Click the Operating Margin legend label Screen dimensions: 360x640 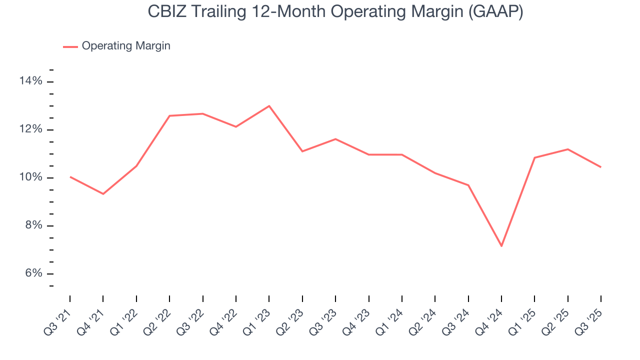tap(126, 46)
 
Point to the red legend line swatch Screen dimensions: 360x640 tap(70, 46)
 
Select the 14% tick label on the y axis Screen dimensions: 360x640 tap(31, 81)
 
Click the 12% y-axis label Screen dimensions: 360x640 tap(31, 129)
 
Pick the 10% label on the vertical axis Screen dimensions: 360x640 tap(31, 177)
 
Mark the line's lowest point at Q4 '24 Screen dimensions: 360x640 tap(501, 246)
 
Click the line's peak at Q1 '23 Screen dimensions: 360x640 tap(269, 106)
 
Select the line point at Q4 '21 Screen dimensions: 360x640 tap(103, 193)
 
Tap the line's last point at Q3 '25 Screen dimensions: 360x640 tap(601, 167)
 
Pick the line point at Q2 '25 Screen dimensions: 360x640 tap(568, 149)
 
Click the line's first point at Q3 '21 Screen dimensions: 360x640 tap(70, 176)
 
